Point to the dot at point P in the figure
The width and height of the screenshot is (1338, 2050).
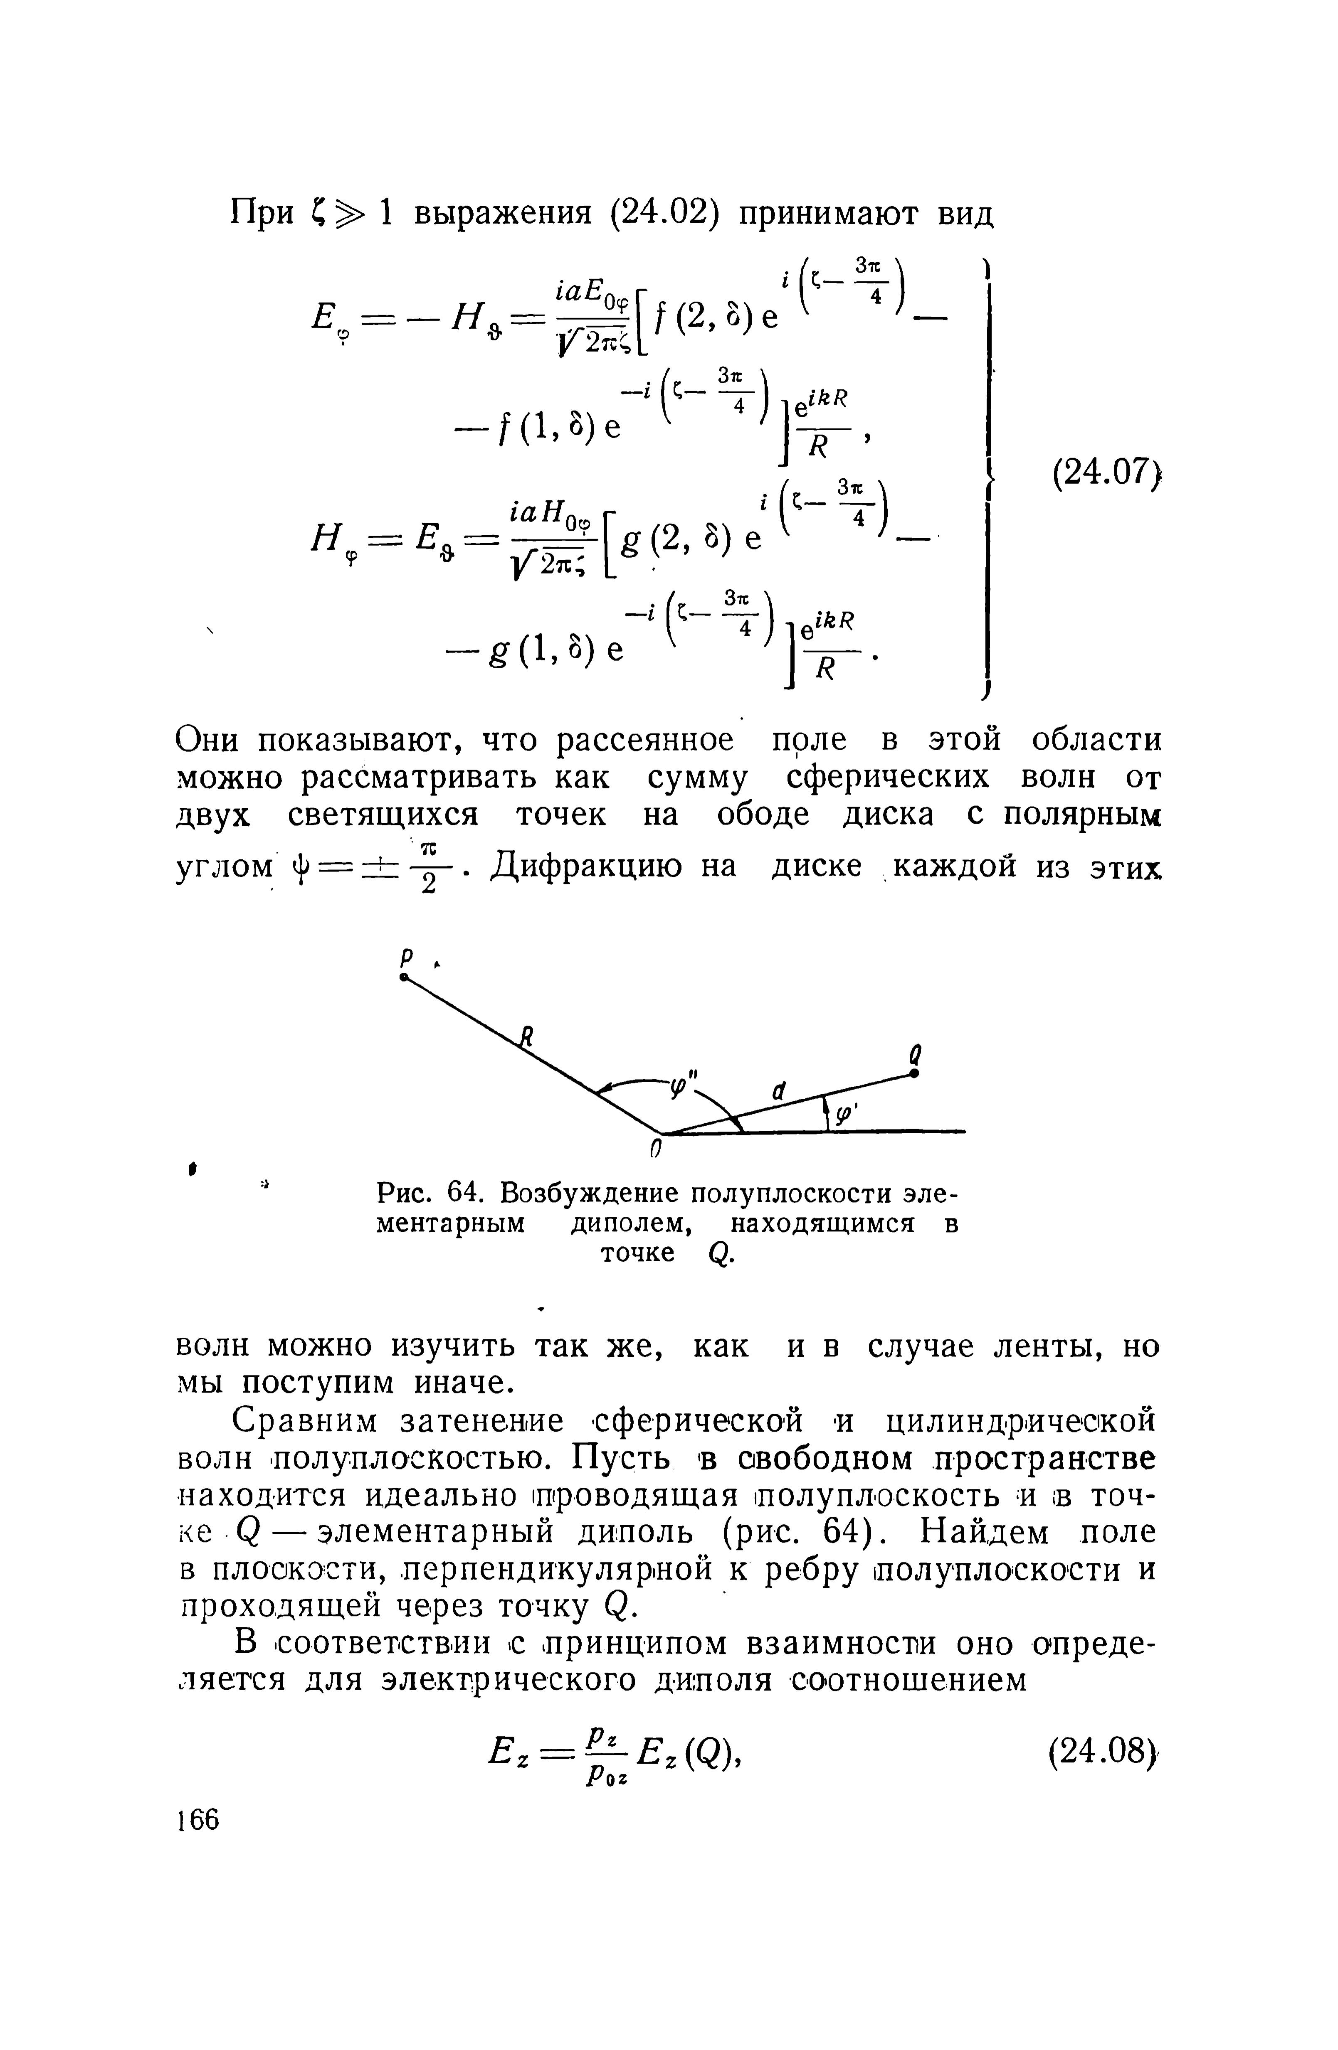(x=404, y=979)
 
